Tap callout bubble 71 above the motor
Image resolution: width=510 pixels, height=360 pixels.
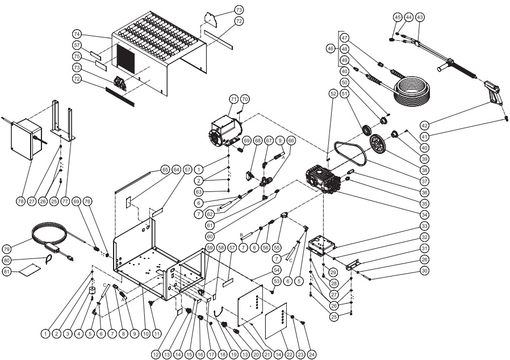[x=233, y=98]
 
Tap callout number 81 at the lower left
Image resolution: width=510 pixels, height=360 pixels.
[x=23, y=273]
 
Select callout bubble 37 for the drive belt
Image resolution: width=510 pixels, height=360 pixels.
[x=423, y=181]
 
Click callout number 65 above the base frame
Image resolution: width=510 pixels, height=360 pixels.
[x=165, y=169]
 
